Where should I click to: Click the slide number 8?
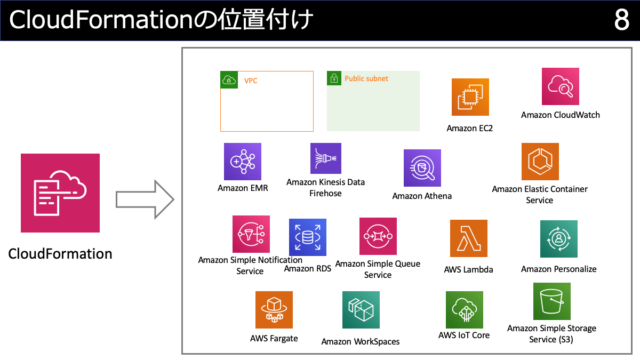coord(621,21)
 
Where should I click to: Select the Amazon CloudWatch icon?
coord(560,87)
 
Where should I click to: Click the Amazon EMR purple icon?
coord(243,161)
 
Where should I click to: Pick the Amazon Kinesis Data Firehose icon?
coord(326,159)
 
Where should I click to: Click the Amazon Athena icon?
coord(422,169)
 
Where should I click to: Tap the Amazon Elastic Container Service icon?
coord(540,161)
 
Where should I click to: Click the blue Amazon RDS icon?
coord(307,238)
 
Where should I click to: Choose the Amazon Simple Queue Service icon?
coord(378,237)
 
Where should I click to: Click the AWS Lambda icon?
coord(468,240)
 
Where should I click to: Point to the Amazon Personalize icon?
coord(558,240)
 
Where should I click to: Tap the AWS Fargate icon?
coord(273,310)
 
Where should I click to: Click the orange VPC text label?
coord(251,79)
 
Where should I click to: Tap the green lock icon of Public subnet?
coord(335,78)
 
